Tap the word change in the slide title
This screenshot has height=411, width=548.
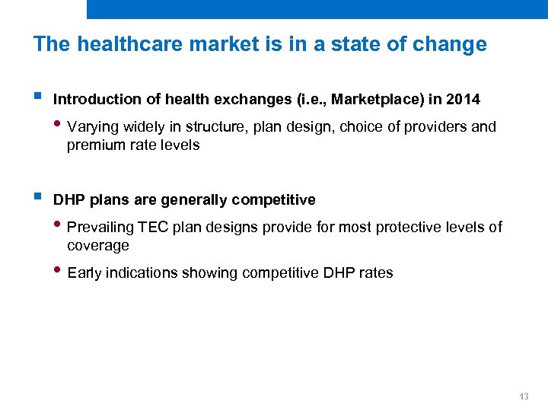pos(450,44)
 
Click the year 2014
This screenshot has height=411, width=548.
pos(464,100)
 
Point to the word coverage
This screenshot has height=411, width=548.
pos(98,246)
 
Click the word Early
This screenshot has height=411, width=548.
pos(84,273)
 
